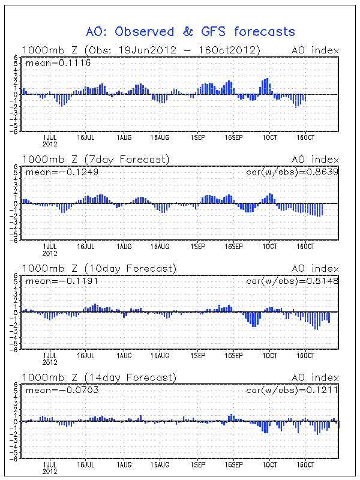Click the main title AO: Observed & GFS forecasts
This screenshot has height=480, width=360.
(x=191, y=31)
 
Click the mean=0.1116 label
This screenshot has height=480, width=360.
(x=58, y=62)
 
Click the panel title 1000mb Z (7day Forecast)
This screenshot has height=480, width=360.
(x=95, y=159)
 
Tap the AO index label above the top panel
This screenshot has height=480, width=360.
(x=315, y=50)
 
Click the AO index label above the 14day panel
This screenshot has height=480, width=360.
(x=315, y=377)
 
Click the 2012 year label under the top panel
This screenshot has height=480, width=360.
(x=50, y=145)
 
